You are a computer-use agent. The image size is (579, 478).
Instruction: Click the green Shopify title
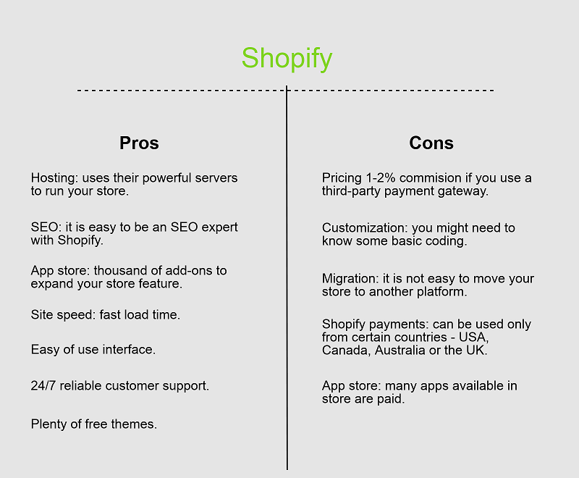coord(287,59)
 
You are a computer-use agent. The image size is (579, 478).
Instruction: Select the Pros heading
coord(139,143)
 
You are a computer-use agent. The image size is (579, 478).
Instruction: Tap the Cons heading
coord(431,143)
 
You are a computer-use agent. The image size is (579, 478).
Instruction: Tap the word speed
coord(77,315)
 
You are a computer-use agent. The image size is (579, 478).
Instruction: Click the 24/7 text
coord(43,385)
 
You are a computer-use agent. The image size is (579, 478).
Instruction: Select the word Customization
coord(365,228)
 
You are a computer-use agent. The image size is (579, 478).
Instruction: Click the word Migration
coord(350,279)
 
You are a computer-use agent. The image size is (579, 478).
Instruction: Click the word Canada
coord(346,351)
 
